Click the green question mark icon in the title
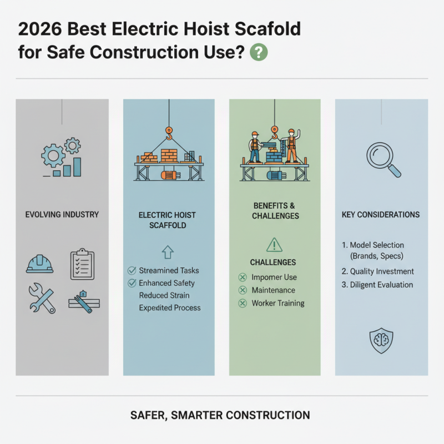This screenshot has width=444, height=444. [x=259, y=53]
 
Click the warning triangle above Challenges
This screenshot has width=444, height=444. [x=275, y=244]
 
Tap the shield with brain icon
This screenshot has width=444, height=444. [x=381, y=340]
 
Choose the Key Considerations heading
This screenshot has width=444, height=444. [x=381, y=214]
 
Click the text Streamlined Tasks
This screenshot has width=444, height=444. [x=169, y=271]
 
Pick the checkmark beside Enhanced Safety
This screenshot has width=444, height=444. [x=132, y=283]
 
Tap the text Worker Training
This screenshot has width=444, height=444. [x=278, y=304]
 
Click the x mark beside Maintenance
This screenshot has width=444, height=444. [x=242, y=290]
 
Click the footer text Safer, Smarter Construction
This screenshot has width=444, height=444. [x=221, y=415]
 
